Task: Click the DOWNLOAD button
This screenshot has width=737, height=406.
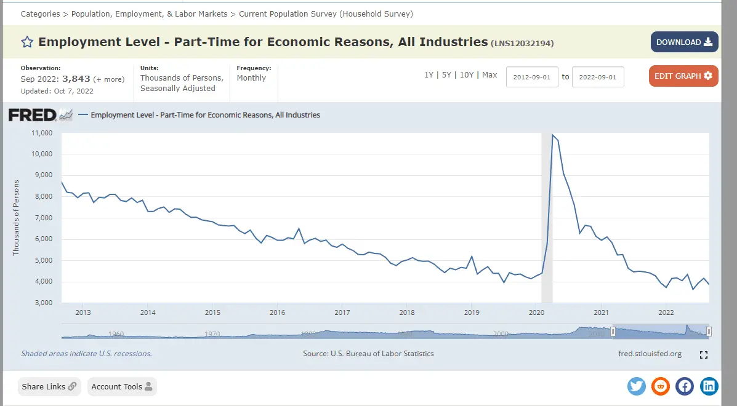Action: [684, 42]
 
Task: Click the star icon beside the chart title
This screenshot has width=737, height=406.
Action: [27, 42]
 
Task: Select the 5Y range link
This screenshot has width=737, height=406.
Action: [446, 75]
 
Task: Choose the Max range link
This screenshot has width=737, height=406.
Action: [489, 75]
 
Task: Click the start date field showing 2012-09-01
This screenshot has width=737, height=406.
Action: [532, 77]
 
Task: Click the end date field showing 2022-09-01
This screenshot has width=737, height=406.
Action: [598, 77]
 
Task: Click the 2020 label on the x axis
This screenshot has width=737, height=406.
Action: [536, 312]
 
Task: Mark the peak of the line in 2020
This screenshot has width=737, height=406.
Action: [552, 135]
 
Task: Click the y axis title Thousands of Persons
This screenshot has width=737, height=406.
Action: [16, 218]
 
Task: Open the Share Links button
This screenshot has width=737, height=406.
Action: [49, 387]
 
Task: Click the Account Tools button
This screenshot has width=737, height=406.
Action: [122, 387]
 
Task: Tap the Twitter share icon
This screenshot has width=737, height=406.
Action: [637, 386]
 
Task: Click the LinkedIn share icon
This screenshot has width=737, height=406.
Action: [709, 386]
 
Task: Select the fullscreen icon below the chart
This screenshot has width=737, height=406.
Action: [704, 355]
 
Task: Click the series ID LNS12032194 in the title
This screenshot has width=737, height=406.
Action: [522, 43]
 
